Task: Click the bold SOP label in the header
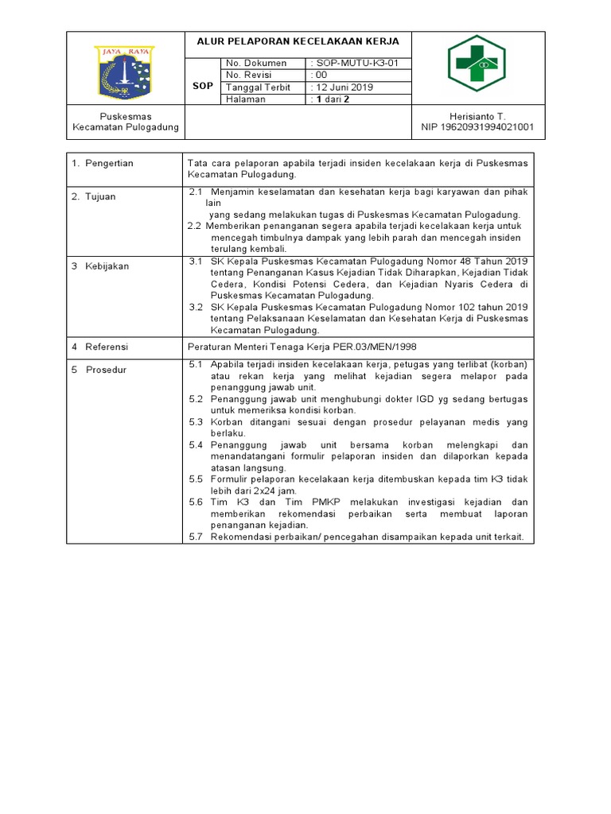(x=203, y=85)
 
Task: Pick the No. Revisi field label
(x=250, y=75)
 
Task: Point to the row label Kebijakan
(x=107, y=266)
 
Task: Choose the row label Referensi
(x=107, y=347)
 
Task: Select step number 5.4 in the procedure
(x=197, y=445)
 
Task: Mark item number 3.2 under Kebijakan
(x=197, y=307)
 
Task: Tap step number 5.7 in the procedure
(x=197, y=537)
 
